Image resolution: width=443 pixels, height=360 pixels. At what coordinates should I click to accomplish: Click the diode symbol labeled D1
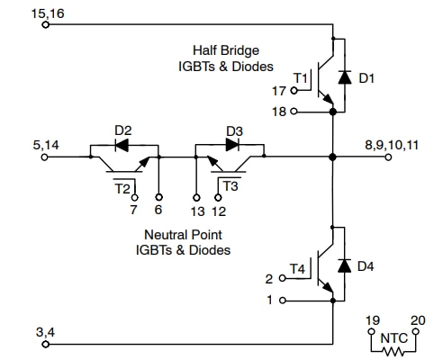click(x=343, y=78)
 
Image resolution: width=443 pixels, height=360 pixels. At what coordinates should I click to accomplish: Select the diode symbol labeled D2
click(x=122, y=144)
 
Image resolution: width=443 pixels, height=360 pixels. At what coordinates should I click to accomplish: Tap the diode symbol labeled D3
click(x=231, y=144)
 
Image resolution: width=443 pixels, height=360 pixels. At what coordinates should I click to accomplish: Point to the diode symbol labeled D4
click(x=343, y=265)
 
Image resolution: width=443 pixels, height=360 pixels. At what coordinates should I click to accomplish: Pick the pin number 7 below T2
click(x=132, y=211)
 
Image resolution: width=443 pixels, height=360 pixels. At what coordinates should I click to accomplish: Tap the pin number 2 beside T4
click(x=269, y=278)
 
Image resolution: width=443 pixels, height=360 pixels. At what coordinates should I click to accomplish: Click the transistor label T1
click(x=302, y=79)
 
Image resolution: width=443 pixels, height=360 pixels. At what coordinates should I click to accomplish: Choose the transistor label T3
click(x=231, y=186)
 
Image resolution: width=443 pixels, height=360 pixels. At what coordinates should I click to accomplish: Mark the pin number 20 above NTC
click(x=416, y=319)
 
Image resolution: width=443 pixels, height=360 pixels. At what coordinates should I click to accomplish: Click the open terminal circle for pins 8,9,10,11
click(x=389, y=157)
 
